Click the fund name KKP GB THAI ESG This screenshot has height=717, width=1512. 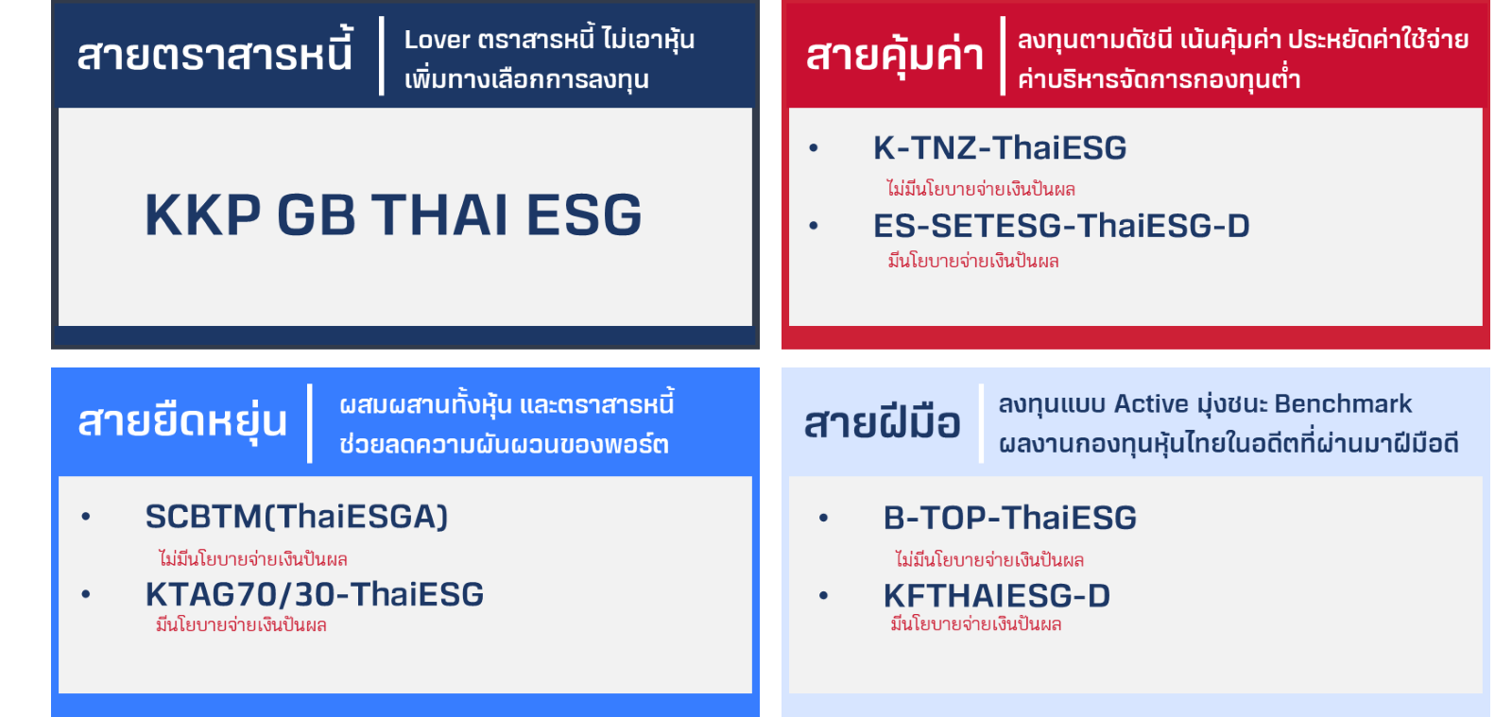[393, 215]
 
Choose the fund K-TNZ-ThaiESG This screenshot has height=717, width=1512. [1000, 147]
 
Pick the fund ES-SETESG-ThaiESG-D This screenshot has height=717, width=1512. [1061, 226]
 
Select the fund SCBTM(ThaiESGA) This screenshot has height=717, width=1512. [297, 517]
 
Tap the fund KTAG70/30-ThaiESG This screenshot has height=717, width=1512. [315, 594]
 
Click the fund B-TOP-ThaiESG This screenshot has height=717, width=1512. [1010, 518]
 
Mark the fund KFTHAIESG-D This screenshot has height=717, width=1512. [996, 595]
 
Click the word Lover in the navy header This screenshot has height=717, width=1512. [437, 39]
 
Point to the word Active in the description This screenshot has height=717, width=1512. [1151, 403]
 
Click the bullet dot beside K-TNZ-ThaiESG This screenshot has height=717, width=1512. [814, 147]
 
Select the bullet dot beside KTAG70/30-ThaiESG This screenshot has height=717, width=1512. [86, 594]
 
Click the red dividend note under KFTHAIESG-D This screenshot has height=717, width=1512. [975, 623]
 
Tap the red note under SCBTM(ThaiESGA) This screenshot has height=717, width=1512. [252, 558]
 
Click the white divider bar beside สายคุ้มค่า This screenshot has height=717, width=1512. [1003, 56]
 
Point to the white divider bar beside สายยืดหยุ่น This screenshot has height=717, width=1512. [310, 423]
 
